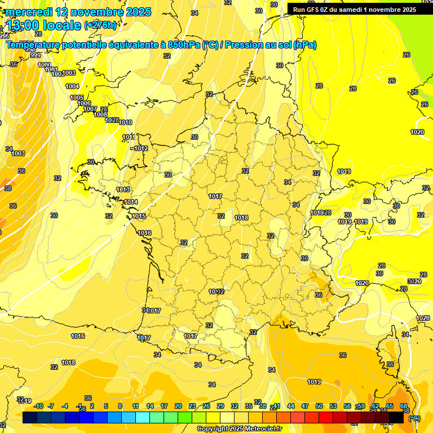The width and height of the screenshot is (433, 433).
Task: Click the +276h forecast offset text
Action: pos(100,25)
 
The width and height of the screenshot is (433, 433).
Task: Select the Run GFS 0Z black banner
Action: pos(355,9)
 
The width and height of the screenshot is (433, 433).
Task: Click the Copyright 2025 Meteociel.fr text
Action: pos(238,428)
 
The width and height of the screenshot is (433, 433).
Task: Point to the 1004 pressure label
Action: pos(72,86)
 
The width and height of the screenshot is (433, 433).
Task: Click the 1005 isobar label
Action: pos(77,98)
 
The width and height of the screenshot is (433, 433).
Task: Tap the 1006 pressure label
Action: pos(84,103)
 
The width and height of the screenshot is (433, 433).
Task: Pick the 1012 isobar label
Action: pos(140,148)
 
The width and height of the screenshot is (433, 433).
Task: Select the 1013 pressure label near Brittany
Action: pos(123,190)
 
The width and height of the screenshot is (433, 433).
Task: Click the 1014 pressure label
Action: pos(131,202)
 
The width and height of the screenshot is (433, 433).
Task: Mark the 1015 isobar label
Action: pos(139,216)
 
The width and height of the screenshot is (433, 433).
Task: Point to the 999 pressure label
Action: pos(35,55)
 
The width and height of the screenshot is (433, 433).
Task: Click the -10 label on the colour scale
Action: pos(38,406)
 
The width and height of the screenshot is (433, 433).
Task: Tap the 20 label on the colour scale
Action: pos(178,406)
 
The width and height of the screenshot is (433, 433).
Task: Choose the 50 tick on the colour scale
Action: pos(319,406)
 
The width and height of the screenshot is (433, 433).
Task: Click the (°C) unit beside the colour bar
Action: pos(414,418)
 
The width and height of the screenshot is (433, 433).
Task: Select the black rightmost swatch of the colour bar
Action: pos(396,417)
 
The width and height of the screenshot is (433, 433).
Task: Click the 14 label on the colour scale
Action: pos(150,406)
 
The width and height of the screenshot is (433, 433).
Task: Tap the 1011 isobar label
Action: pos(129,137)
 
